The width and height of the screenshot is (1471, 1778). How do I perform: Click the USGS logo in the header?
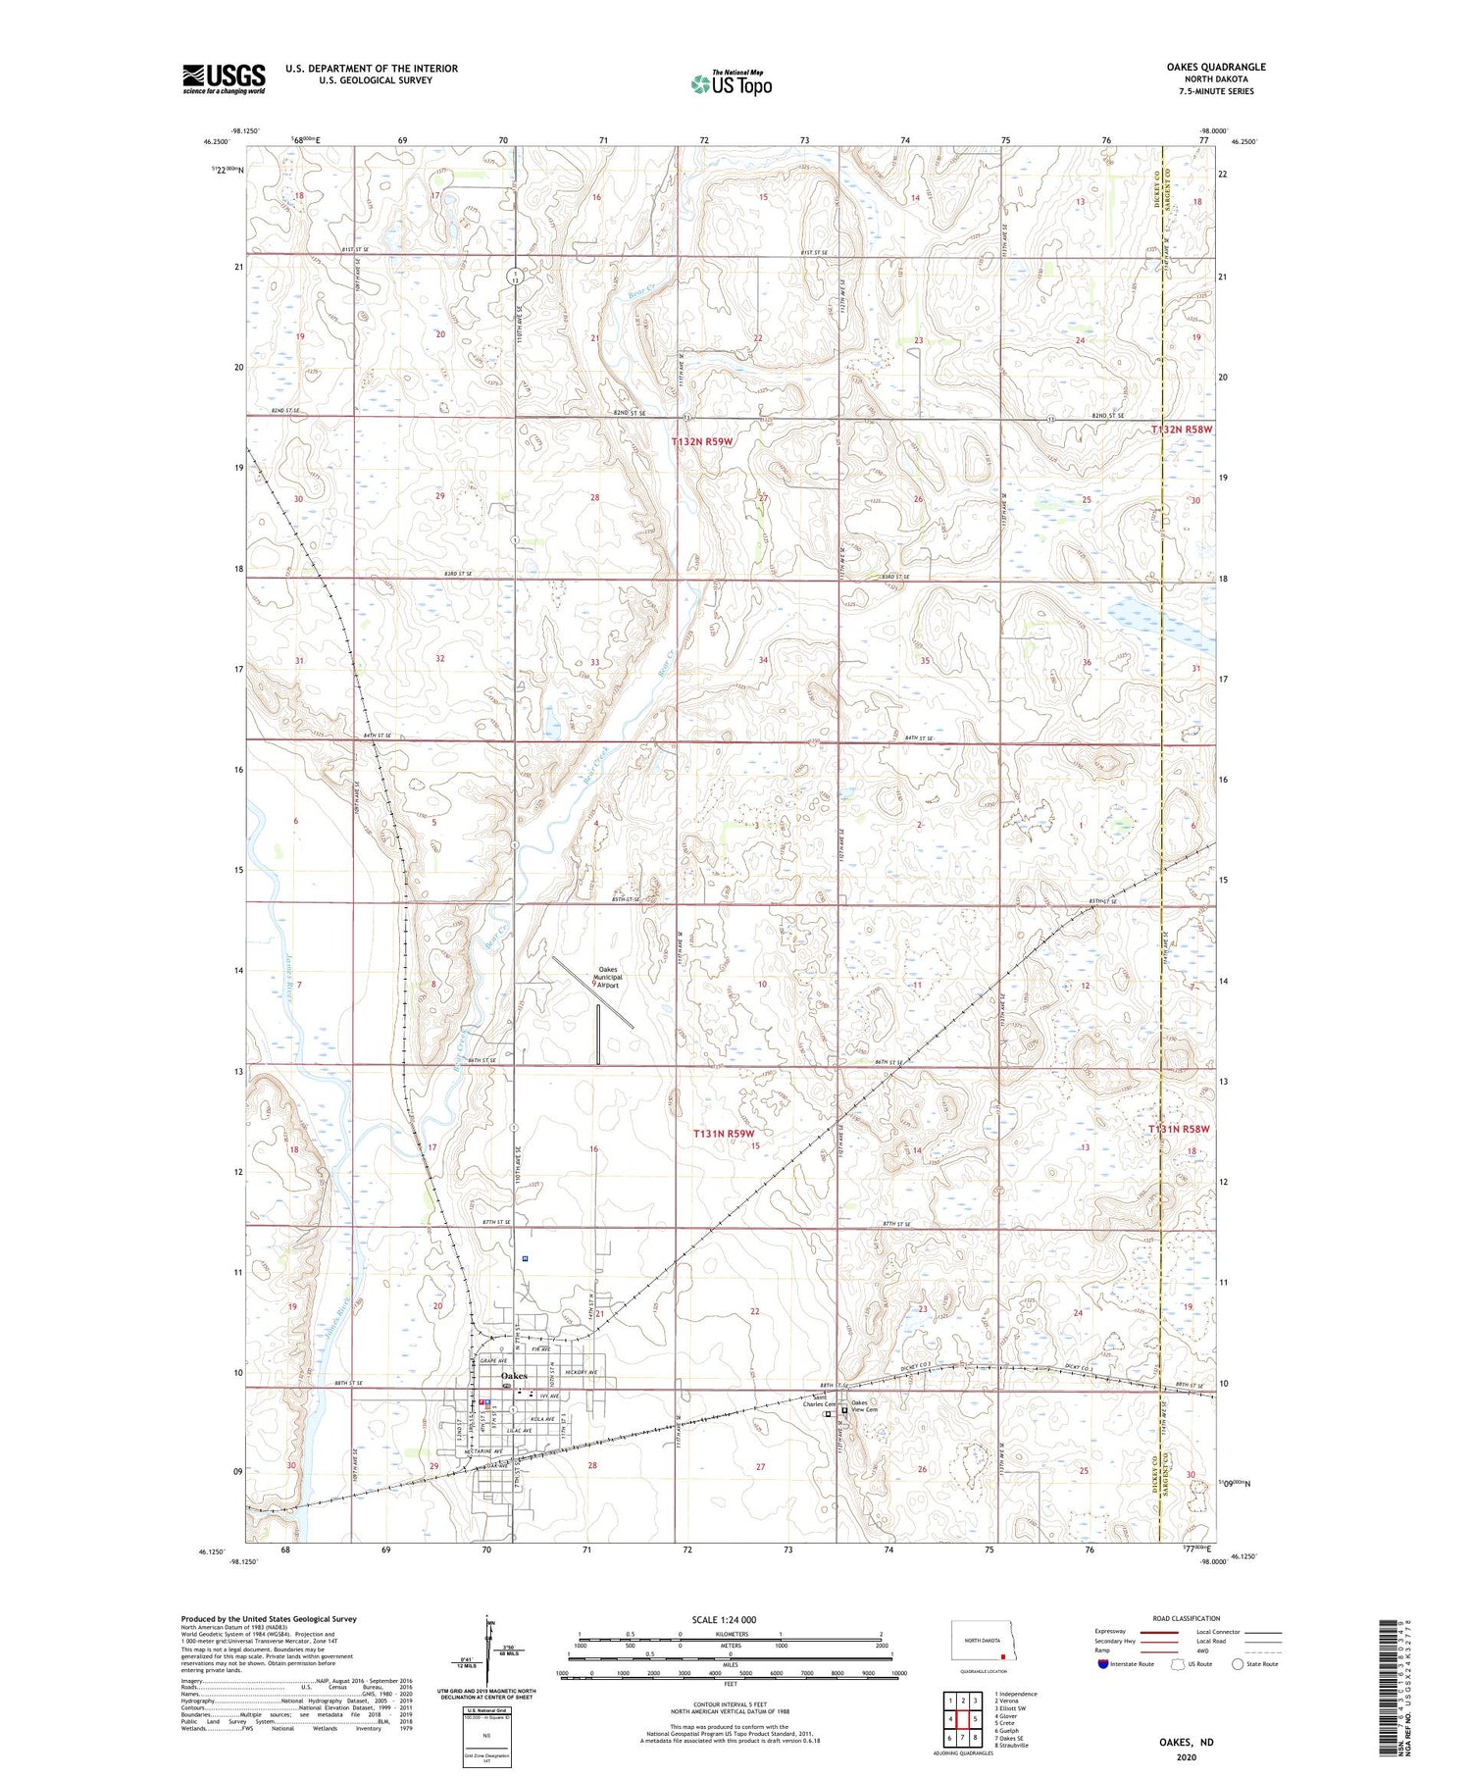click(x=224, y=78)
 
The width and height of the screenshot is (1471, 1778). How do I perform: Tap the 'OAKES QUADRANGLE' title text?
click(x=1210, y=67)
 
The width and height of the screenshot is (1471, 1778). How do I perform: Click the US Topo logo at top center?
click(x=731, y=84)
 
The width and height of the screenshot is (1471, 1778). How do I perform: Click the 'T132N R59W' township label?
click(x=702, y=442)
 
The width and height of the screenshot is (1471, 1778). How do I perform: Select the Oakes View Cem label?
click(x=863, y=1406)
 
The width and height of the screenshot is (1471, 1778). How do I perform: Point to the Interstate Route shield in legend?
click(x=1105, y=1664)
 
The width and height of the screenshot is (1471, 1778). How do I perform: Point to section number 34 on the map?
click(x=763, y=660)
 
